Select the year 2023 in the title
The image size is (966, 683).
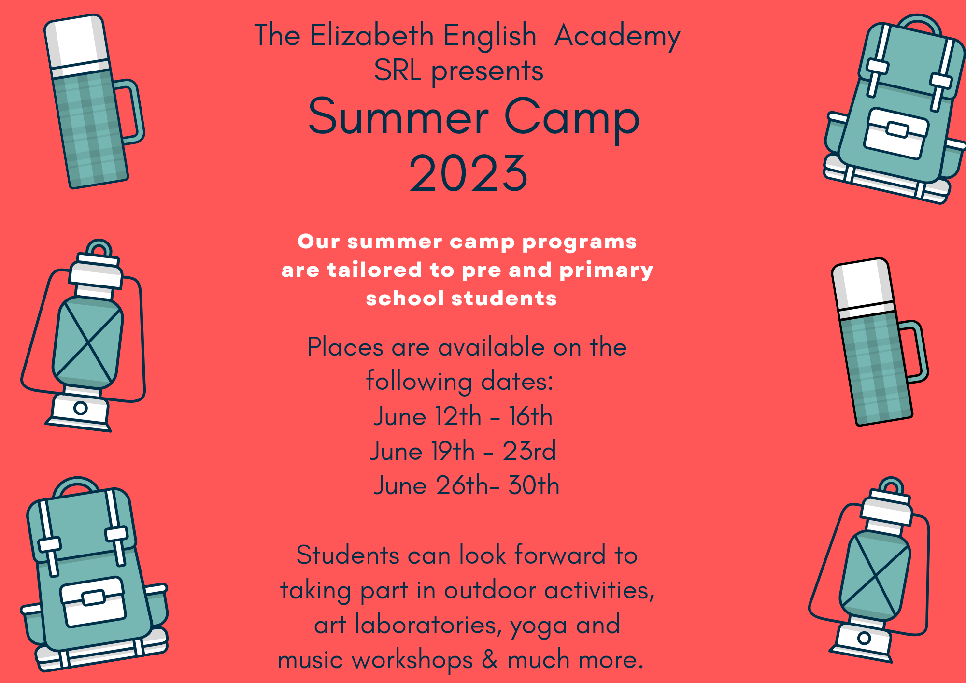click(x=468, y=173)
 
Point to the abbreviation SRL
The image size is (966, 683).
click(x=398, y=71)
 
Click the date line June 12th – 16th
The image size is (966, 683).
click(x=463, y=416)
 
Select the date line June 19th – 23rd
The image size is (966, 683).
click(x=463, y=451)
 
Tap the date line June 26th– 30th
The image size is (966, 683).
click(x=467, y=485)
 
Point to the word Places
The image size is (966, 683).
click(x=345, y=347)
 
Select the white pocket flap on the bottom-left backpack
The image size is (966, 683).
click(x=93, y=601)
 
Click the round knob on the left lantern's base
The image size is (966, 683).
click(x=81, y=408)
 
